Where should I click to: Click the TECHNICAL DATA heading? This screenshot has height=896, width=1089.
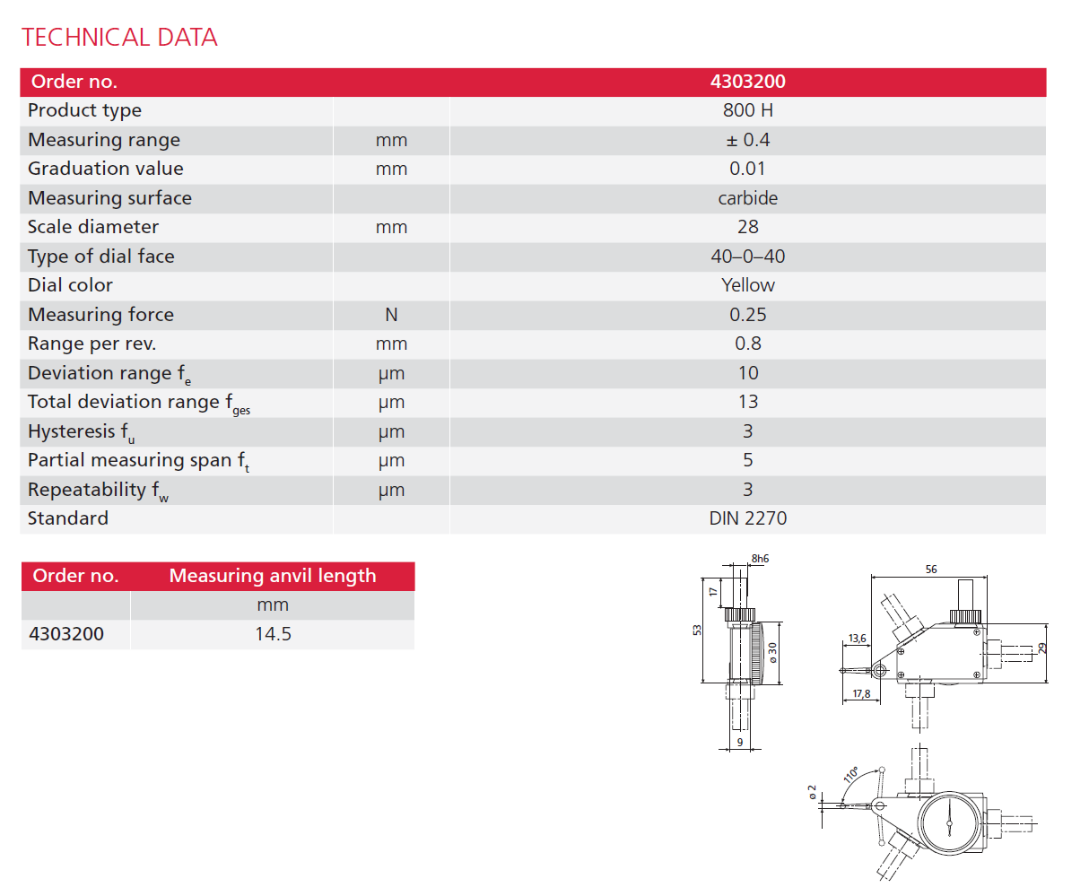(119, 38)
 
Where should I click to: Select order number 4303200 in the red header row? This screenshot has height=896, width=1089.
(747, 82)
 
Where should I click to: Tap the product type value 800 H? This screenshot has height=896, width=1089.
(747, 110)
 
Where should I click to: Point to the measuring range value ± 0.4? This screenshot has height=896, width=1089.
(747, 140)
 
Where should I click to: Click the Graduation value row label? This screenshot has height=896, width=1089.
(105, 169)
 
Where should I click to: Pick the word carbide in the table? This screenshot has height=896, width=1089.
(747, 198)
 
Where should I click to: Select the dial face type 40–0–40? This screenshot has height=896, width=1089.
(747, 257)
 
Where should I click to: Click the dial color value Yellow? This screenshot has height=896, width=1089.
(747, 285)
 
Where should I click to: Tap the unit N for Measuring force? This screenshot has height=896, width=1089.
(391, 315)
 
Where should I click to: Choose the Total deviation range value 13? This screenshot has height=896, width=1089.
(747, 402)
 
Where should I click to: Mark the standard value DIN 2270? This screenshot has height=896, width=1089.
(747, 518)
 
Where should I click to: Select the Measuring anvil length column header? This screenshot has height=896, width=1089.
(272, 576)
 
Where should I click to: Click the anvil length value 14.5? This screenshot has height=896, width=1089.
(273, 634)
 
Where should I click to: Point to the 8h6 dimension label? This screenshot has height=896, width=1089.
(760, 559)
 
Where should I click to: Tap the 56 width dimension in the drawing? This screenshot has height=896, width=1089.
(931, 570)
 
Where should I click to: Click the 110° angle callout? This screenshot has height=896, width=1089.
(850, 774)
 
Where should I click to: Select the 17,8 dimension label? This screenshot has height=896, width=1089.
(861, 693)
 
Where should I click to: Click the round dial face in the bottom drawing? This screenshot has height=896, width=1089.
(948, 822)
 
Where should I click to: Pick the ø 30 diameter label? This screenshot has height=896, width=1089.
(772, 652)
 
